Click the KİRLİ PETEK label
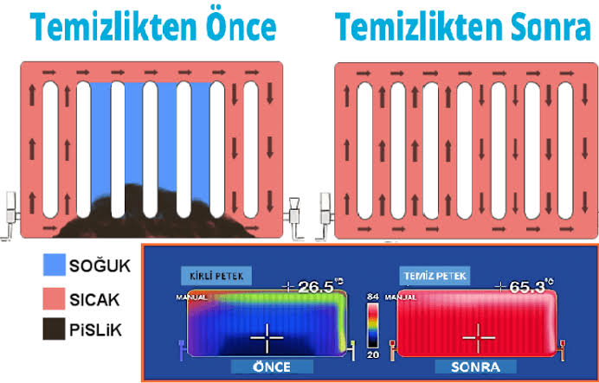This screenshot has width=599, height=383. point(216,277)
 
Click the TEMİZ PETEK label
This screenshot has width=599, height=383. point(435,277)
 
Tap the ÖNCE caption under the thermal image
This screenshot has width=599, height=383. point(271,367)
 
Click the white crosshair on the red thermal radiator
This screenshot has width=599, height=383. point(478,335)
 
